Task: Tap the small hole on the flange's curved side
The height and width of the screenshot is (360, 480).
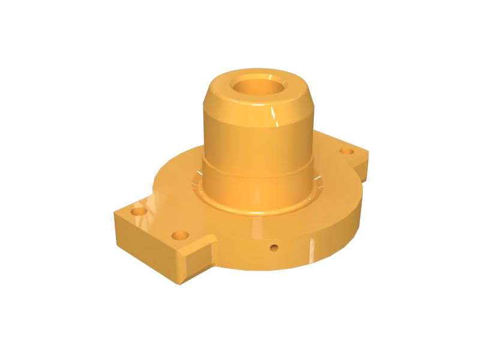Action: [274, 247]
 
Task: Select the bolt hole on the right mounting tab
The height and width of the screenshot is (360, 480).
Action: [347, 151]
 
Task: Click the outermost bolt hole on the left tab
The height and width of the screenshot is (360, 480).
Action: [139, 212]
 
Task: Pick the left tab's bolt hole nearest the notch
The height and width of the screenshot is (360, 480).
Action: [179, 235]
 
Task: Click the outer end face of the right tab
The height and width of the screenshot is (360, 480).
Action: [365, 166]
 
